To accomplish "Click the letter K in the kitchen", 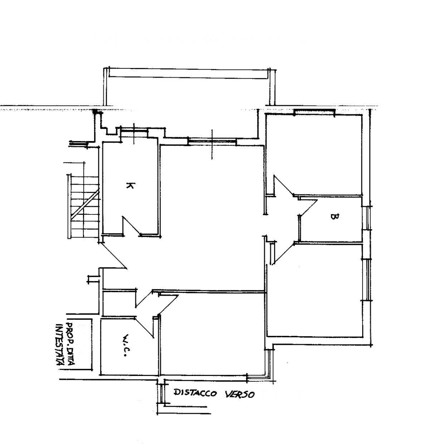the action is point(130,185).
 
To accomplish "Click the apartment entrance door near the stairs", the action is point(113,256).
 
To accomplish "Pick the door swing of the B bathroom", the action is point(308,207).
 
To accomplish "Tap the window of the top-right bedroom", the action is point(314,112).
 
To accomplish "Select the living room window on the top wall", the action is point(212,142).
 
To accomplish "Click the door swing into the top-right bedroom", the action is point(283,185).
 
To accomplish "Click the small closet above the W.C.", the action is point(119,303).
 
